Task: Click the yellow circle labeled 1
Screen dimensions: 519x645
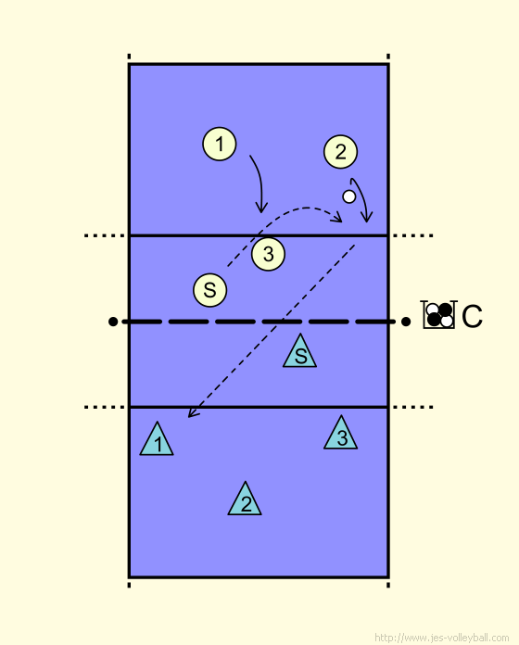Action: (x=220, y=144)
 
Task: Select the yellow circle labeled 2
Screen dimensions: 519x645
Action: (x=340, y=152)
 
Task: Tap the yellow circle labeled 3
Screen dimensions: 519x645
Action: (x=268, y=254)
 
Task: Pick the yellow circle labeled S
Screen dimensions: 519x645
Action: (x=209, y=290)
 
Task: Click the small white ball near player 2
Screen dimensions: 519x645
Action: (x=349, y=196)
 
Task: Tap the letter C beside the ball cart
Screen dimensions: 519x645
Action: (x=472, y=316)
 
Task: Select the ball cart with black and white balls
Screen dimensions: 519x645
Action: (x=438, y=315)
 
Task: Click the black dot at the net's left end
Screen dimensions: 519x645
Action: (x=113, y=322)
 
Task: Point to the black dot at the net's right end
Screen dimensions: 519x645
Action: (x=406, y=322)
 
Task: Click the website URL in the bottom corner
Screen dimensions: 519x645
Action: (x=442, y=638)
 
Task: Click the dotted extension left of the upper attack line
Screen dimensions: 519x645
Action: (x=105, y=235)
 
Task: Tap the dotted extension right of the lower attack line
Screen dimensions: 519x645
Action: (x=413, y=407)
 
